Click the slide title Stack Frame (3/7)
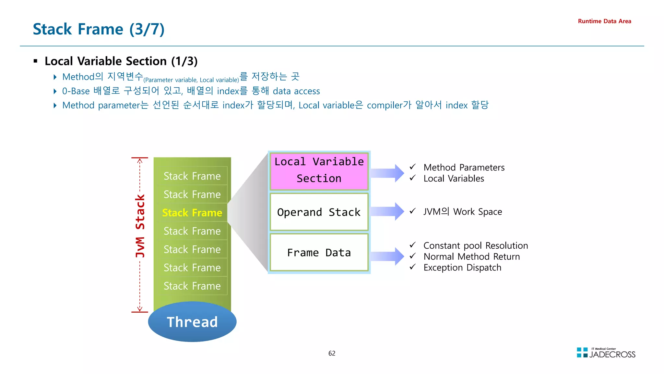[x=99, y=29]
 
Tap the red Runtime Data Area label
[x=604, y=21]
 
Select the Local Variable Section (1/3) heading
[x=121, y=61]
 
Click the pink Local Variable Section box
[x=319, y=170]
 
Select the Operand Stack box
[x=319, y=212]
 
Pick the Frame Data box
[x=319, y=253]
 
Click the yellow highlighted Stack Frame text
[x=192, y=213]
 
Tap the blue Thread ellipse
[x=192, y=322]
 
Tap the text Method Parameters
[x=464, y=168]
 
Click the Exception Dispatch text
[x=462, y=268]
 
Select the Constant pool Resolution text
[x=476, y=245]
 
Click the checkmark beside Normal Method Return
[x=413, y=256]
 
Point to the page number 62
[x=332, y=353]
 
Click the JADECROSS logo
[x=606, y=353]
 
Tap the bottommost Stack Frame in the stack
[x=192, y=286]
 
